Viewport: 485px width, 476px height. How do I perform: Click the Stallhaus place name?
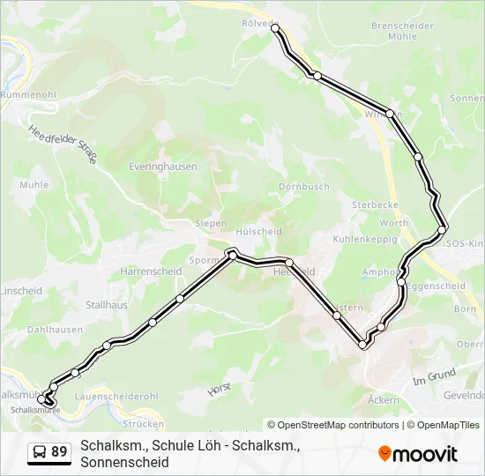point(107,305)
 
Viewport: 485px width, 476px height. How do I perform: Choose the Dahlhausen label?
point(55,330)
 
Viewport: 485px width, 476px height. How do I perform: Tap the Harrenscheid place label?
point(151,271)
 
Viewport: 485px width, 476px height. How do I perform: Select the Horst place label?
point(218,388)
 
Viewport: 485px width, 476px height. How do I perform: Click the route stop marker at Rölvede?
point(275,29)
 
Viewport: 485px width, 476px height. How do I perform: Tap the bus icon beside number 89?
point(40,452)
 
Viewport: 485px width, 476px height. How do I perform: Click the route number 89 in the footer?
point(59,452)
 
